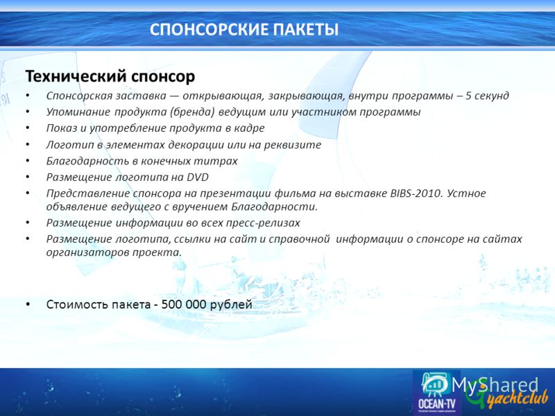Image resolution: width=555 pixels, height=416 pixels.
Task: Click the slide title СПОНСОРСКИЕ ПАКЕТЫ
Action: [x=244, y=29]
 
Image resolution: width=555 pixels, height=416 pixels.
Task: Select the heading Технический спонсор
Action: [x=110, y=76]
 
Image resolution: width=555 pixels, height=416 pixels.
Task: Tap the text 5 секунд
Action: [x=487, y=96]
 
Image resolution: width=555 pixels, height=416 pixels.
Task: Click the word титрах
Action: [x=220, y=161]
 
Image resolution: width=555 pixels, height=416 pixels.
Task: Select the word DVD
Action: [x=198, y=177]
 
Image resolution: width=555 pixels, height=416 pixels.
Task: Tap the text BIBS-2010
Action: [x=416, y=193]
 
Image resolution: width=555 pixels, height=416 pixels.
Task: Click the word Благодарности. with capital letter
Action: [x=274, y=207]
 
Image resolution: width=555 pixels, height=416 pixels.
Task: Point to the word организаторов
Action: [x=88, y=252]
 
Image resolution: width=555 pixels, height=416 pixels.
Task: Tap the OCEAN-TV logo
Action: [x=437, y=392]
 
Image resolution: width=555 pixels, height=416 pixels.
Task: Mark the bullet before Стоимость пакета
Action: [x=28, y=304]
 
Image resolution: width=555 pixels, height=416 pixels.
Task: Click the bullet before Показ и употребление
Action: [x=28, y=128]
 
